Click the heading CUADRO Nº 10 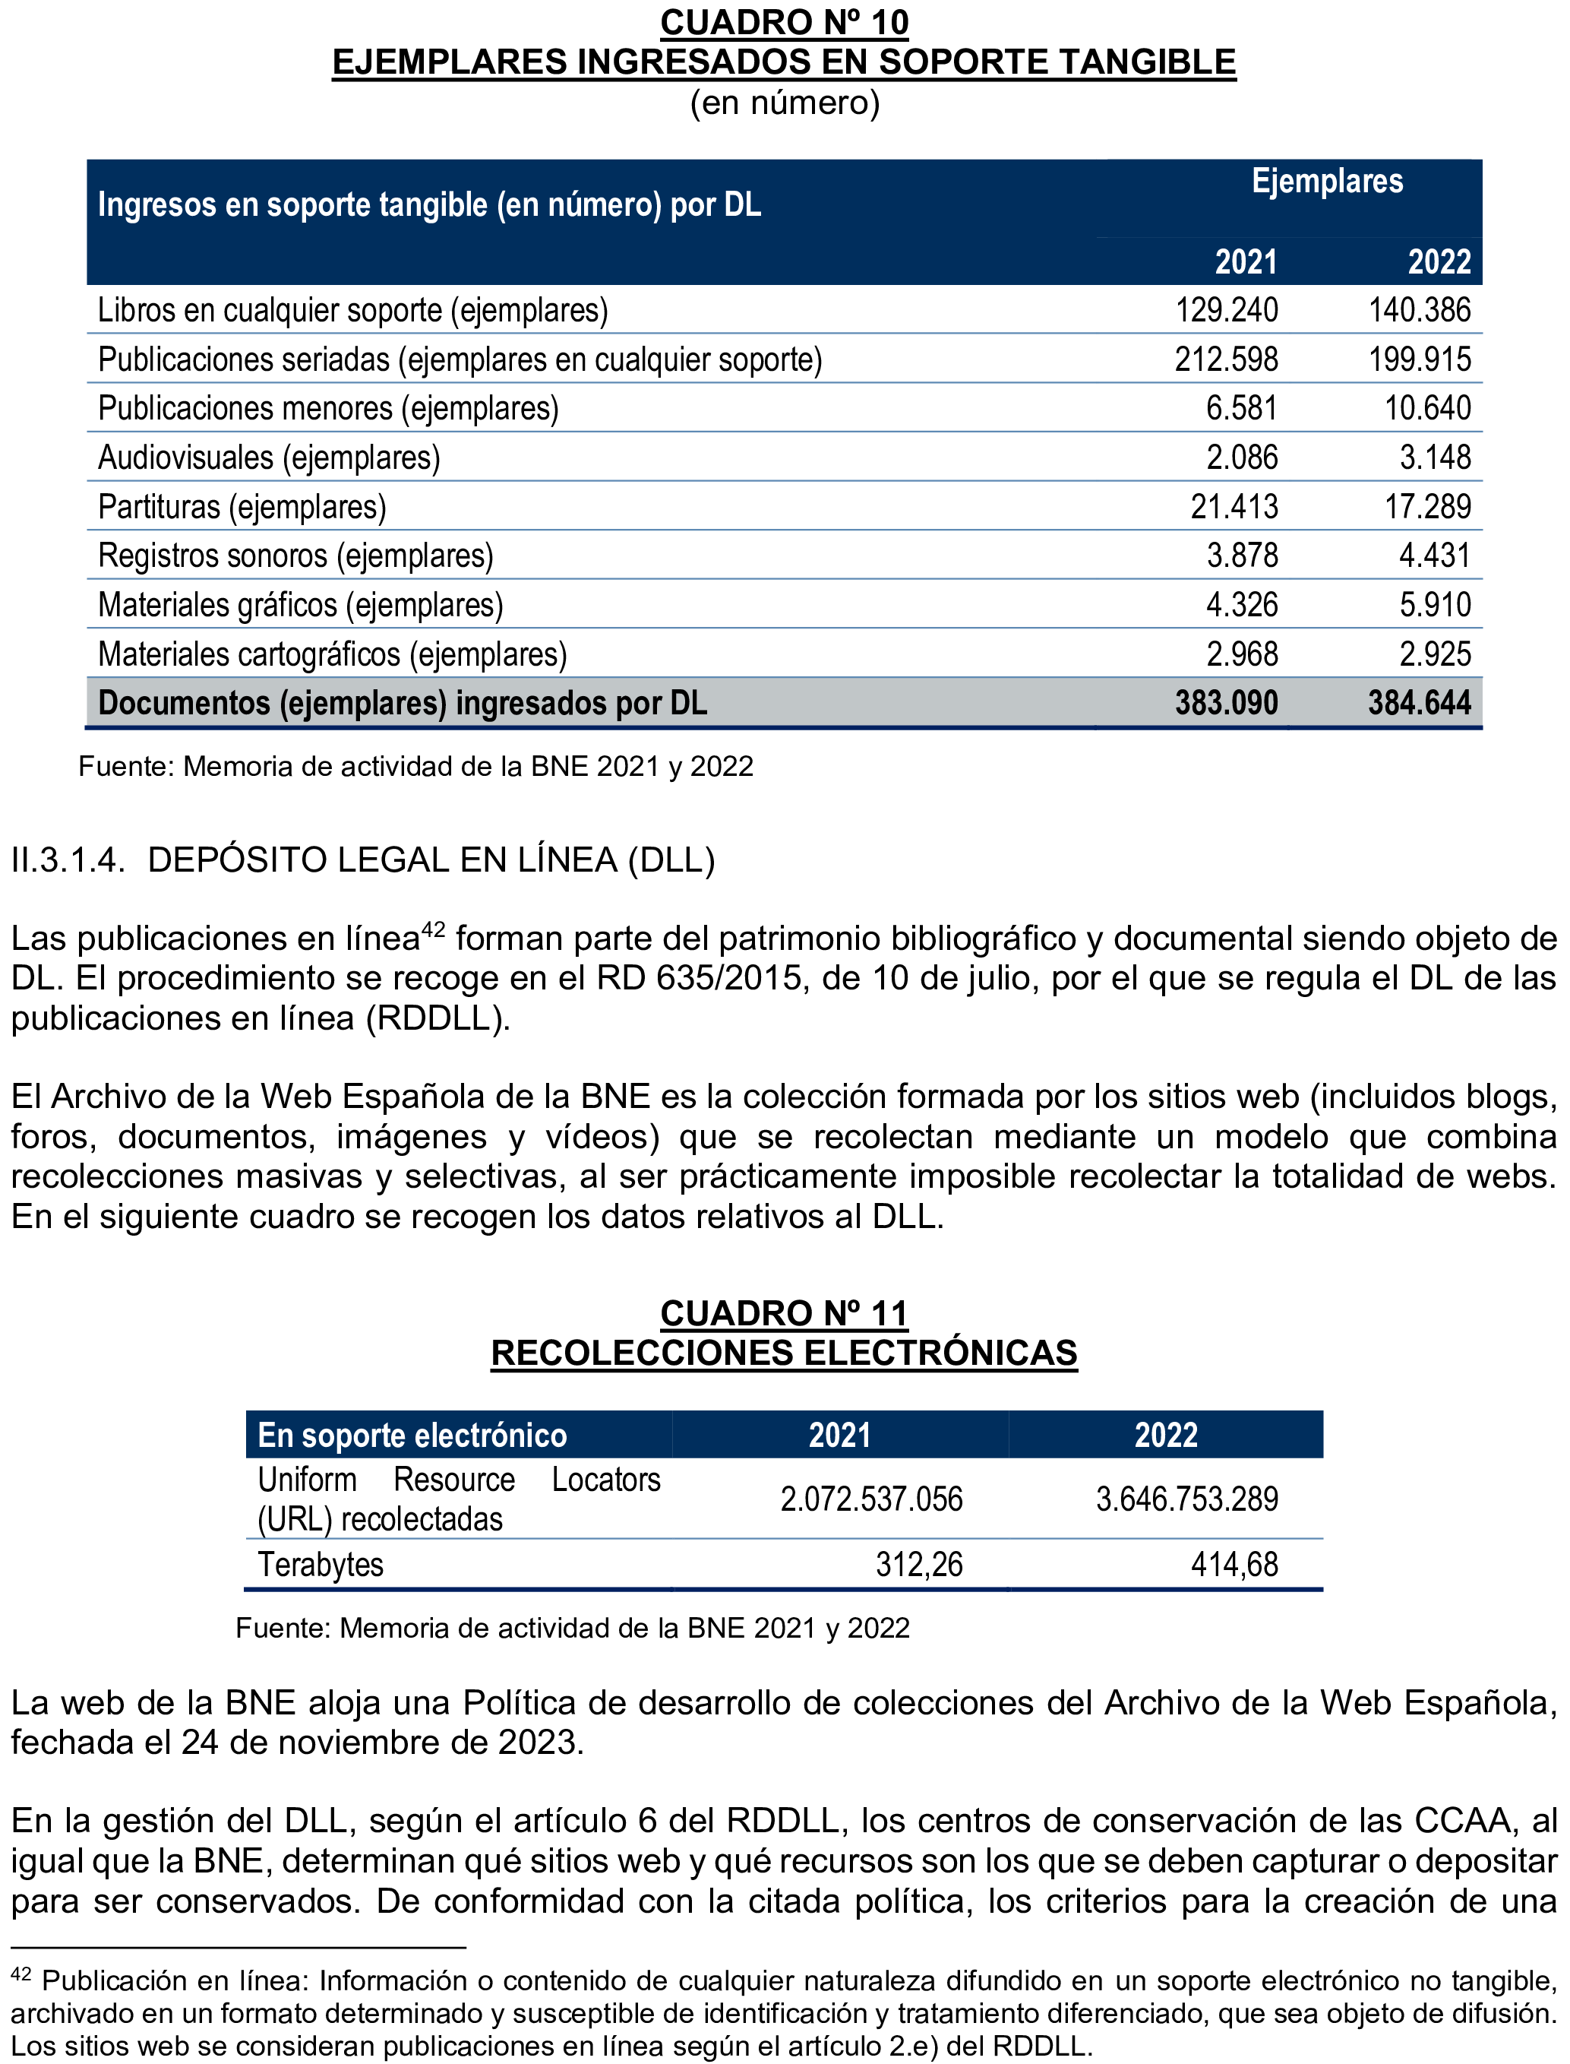tap(784, 23)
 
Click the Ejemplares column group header tap(1327, 182)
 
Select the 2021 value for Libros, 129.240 tap(1226, 310)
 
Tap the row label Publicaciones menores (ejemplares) tap(328, 410)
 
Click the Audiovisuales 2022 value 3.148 tap(1435, 458)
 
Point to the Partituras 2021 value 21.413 tap(1234, 508)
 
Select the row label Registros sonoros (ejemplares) tap(295, 556)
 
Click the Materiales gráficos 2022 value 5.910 tap(1435, 606)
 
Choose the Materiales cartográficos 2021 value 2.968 tap(1241, 654)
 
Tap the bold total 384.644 tap(1420, 703)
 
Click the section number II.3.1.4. tap(68, 860)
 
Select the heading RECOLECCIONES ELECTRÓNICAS tap(784, 1353)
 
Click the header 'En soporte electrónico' tap(412, 1435)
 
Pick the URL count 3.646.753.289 tap(1187, 1499)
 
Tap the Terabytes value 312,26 tap(918, 1565)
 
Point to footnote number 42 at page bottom tap(21, 1975)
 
